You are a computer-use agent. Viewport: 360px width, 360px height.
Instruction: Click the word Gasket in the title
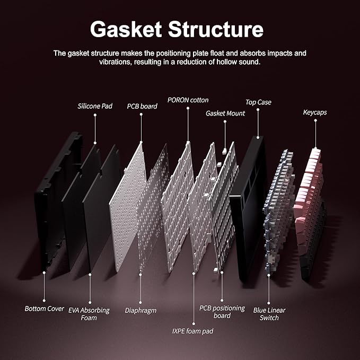(126, 29)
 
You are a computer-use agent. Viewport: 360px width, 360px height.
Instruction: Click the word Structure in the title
(216, 29)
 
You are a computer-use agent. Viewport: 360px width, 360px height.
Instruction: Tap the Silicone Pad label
(95, 106)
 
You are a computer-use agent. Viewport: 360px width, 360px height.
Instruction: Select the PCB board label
(142, 106)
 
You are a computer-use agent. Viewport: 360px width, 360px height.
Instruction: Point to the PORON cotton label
(188, 100)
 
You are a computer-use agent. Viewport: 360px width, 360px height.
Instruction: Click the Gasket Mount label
(225, 113)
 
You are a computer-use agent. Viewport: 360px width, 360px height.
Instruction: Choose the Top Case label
(258, 102)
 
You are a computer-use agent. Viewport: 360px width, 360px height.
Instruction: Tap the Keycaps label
(315, 112)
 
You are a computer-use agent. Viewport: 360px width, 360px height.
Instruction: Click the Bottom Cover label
(44, 309)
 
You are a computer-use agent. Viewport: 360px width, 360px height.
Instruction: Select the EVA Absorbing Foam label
(89, 314)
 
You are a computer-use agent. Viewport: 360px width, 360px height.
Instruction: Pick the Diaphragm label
(141, 311)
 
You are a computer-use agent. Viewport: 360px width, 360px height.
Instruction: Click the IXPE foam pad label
(192, 331)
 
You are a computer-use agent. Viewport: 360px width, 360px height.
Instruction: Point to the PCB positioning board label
(222, 312)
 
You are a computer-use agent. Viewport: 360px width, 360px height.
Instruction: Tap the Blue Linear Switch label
(269, 314)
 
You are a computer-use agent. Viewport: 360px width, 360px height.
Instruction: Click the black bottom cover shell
(57, 200)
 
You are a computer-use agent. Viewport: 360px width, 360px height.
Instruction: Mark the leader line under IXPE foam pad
(194, 298)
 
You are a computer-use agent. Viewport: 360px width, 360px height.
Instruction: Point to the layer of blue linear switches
(279, 211)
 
